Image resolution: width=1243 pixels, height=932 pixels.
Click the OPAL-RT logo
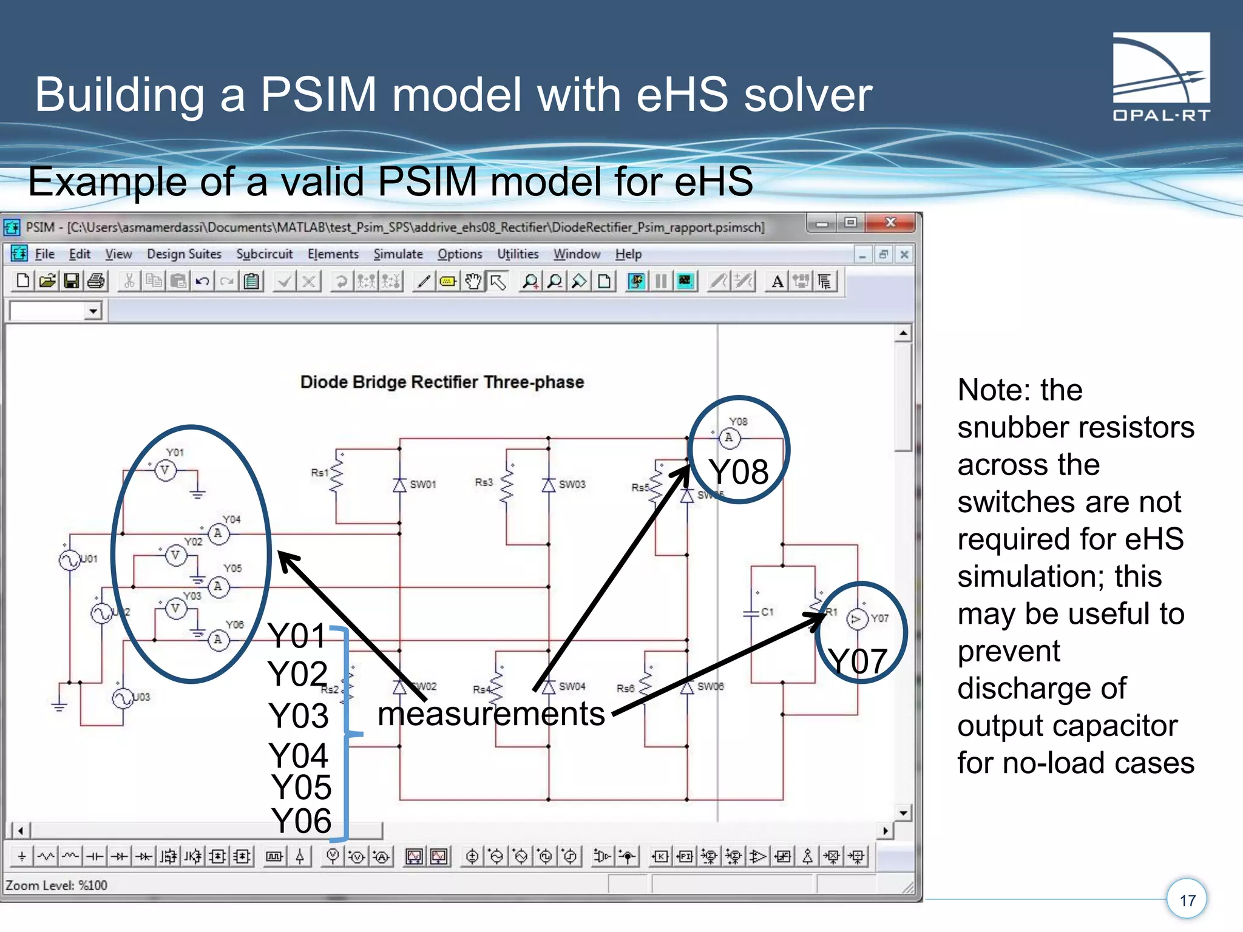point(1160,76)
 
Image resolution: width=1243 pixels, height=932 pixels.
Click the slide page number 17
point(1187,900)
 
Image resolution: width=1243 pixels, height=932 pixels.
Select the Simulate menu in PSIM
point(398,254)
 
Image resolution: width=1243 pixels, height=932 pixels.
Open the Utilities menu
point(518,254)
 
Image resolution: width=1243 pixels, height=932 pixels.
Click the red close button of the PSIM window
point(890,223)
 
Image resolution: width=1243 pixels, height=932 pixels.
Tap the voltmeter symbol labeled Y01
point(165,470)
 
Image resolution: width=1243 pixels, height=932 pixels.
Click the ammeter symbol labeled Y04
point(218,533)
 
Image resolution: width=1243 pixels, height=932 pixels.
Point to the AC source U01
point(69,559)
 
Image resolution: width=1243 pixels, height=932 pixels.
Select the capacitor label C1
point(767,612)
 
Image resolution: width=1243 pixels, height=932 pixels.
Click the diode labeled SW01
point(399,485)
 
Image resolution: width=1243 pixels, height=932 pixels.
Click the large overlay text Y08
point(739,472)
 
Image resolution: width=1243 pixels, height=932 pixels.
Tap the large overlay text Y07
point(858,661)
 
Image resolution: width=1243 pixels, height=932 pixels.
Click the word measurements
point(491,714)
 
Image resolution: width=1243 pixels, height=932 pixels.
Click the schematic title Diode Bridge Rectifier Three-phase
point(442,382)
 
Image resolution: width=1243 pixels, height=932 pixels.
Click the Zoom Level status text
point(56,885)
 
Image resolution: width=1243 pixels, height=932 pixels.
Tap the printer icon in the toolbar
point(96,281)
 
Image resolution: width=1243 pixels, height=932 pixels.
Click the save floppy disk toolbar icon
point(72,281)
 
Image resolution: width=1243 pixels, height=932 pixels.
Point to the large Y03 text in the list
point(299,716)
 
